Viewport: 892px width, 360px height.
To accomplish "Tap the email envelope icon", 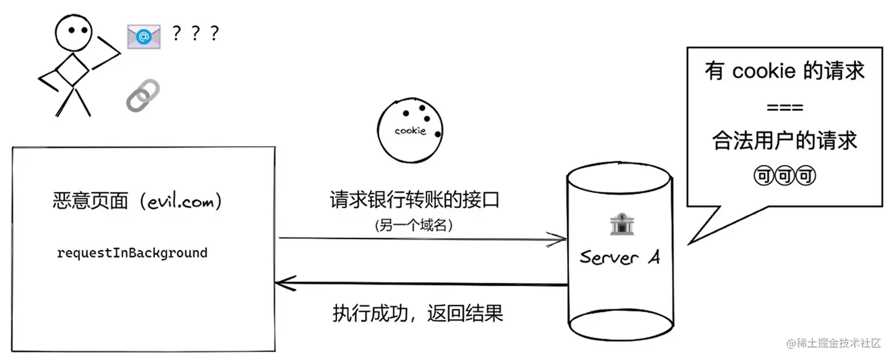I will tap(144, 37).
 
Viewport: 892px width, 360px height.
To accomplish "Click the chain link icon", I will tap(143, 96).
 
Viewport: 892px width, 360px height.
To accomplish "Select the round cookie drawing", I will tap(411, 130).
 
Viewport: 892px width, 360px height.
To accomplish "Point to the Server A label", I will tap(619, 257).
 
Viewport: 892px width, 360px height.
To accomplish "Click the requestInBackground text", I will tap(132, 253).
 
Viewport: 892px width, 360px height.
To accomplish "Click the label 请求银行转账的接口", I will tap(414, 200).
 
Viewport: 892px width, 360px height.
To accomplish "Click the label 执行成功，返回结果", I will tap(418, 313).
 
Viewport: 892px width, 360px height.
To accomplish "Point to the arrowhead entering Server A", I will tap(557, 240).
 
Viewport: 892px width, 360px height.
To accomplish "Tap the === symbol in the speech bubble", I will tap(785, 107).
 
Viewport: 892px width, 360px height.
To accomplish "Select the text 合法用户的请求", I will tap(785, 142).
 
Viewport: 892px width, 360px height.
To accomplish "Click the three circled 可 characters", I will tap(785, 176).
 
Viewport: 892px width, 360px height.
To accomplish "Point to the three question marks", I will tap(195, 34).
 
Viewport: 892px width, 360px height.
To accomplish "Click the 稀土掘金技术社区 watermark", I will tap(833, 343).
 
